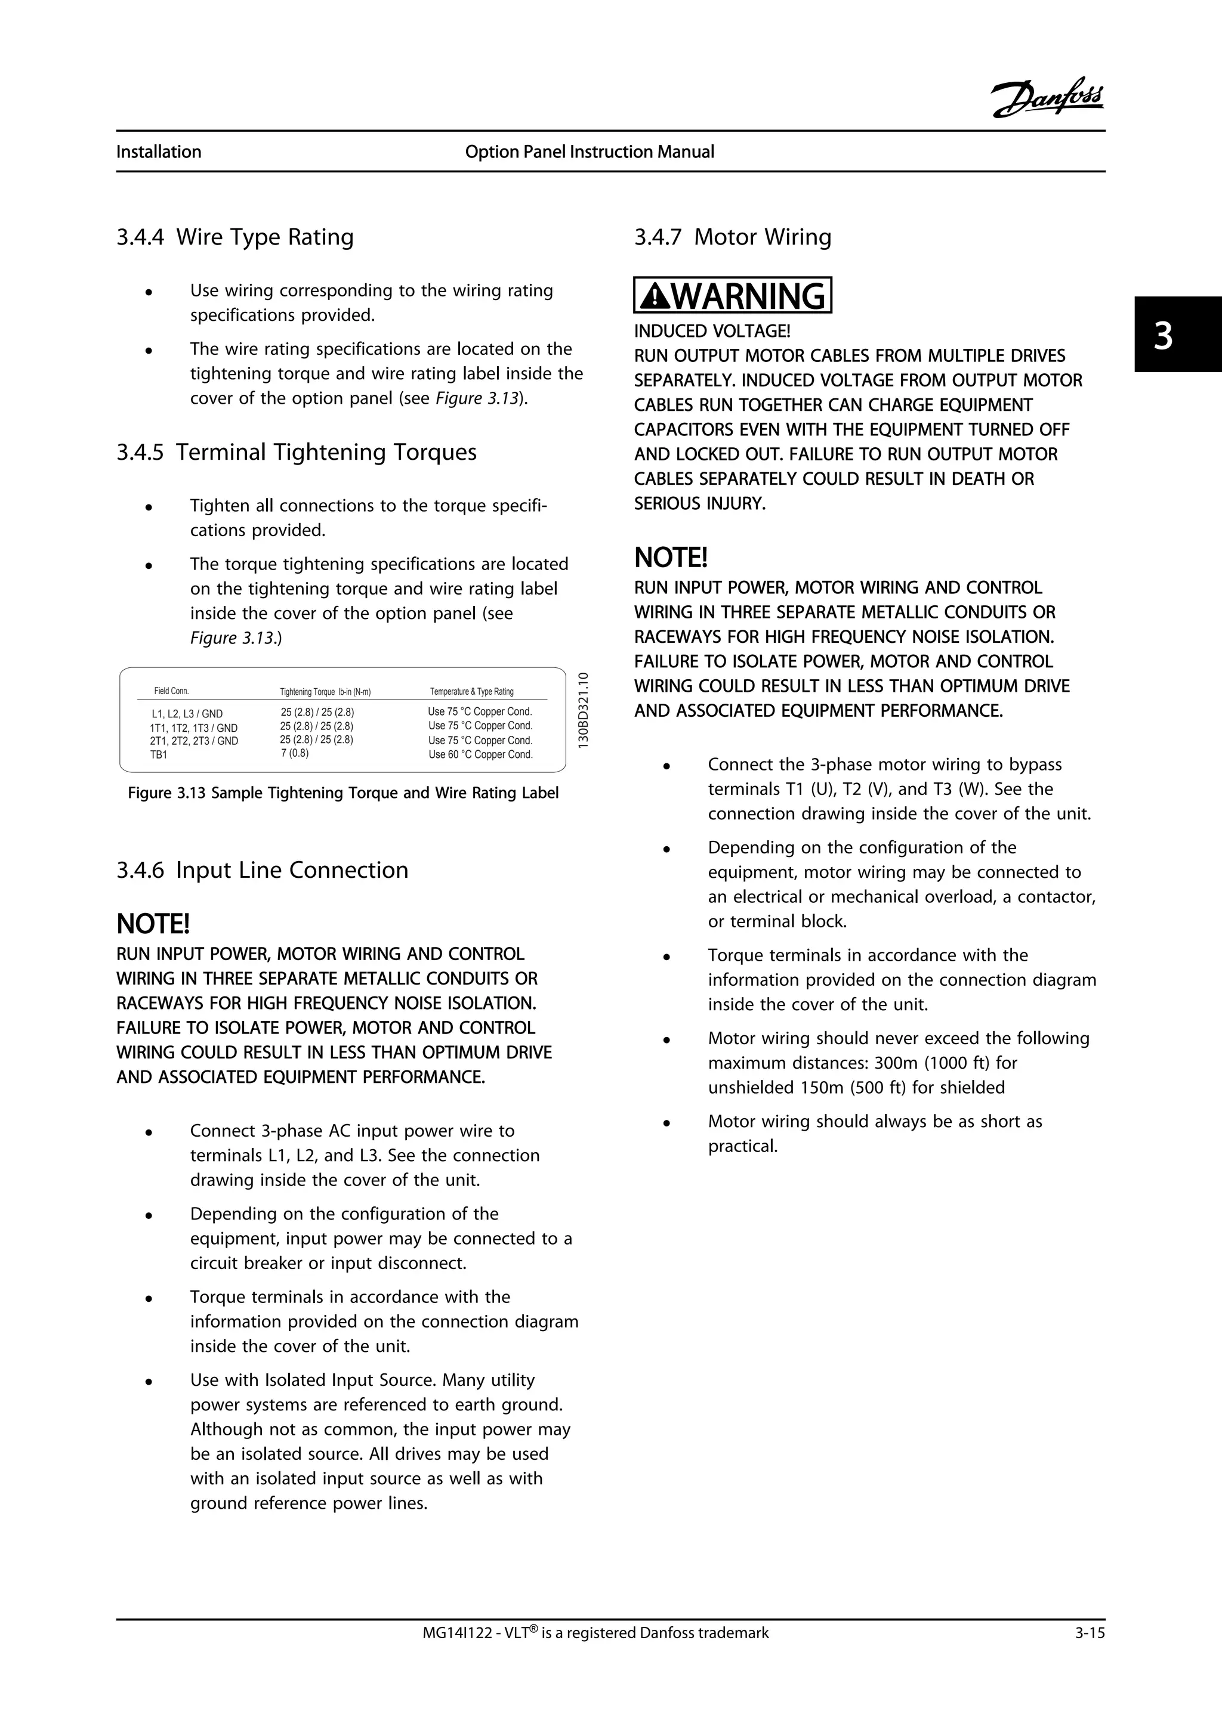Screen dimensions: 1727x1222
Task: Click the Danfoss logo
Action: pos(1047,98)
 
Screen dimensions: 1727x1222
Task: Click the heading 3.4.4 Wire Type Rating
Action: pos(234,237)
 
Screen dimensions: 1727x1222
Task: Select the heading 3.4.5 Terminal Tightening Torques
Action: pos(297,452)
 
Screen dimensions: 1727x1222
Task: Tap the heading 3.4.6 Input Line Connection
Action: pos(262,870)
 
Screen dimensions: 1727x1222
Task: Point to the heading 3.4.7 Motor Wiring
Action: pos(732,237)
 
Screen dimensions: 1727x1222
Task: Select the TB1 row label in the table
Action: pos(159,754)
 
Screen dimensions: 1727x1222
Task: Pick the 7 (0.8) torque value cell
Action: pos(294,753)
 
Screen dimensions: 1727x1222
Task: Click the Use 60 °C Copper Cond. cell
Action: pos(480,754)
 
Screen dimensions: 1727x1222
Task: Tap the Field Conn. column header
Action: pos(172,691)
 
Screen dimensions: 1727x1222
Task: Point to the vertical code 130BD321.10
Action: pos(582,709)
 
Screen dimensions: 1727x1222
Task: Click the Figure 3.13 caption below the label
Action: pos(343,794)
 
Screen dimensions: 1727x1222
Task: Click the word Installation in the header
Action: pos(159,152)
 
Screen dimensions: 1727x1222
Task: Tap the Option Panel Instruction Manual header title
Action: pos(589,152)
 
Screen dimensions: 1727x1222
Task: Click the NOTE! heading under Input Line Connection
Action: pos(153,923)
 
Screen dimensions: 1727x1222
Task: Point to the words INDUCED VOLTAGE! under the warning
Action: pos(712,332)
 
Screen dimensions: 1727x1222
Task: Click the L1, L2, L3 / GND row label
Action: pos(187,714)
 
